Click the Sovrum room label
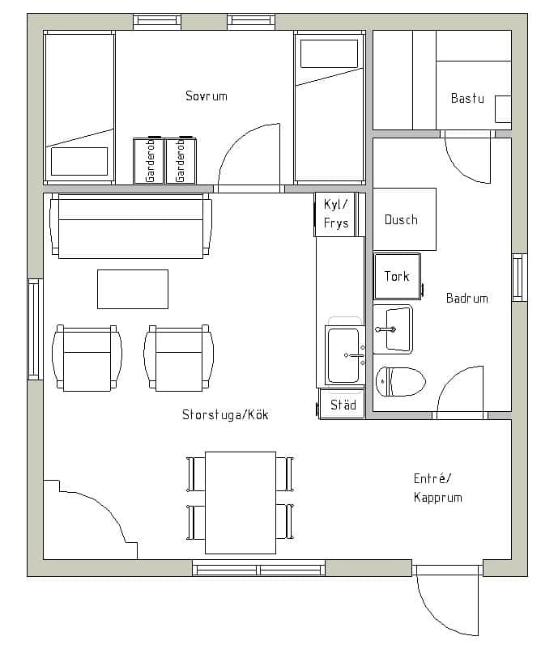207,96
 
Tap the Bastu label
467,98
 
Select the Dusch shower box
404,219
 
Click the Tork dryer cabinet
398,276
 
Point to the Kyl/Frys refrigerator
335,214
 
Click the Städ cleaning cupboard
342,404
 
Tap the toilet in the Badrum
401,381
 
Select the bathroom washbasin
393,329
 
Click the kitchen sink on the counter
345,355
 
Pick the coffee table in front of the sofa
133,290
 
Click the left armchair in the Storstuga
87,358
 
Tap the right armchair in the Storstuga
178,358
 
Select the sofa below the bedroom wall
131,226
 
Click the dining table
241,503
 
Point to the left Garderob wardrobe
149,160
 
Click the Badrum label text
466,298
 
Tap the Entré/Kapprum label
438,488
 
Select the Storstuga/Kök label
225,414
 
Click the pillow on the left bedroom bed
79,161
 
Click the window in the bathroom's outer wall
519,277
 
